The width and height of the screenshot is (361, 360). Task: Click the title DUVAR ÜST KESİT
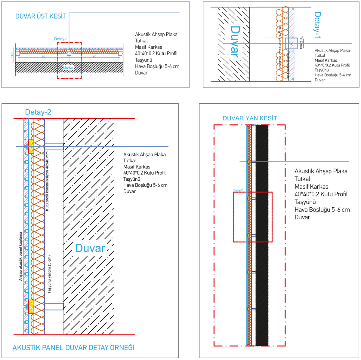(40, 16)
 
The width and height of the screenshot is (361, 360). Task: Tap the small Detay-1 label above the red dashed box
(61, 39)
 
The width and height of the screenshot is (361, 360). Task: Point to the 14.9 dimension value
(12, 55)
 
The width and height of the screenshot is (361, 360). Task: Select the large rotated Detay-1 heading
(317, 25)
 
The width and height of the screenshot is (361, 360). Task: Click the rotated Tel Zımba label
(301, 43)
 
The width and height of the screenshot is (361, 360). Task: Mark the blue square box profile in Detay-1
(291, 44)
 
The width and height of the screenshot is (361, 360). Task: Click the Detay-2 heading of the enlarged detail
(38, 112)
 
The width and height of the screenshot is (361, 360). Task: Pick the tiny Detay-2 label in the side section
(238, 190)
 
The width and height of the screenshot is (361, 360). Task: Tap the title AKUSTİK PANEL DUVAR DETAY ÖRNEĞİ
(73, 348)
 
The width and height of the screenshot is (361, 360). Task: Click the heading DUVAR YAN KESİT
(250, 118)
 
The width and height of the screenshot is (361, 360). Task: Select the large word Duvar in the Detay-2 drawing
(90, 248)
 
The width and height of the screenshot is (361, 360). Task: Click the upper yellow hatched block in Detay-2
(31, 146)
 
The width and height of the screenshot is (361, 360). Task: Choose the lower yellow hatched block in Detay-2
(31, 307)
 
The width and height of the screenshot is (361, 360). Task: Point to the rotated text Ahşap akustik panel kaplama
(20, 256)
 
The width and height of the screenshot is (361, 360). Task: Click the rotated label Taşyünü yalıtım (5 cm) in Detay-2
(50, 274)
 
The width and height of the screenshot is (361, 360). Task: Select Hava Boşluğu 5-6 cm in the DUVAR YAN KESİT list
(322, 210)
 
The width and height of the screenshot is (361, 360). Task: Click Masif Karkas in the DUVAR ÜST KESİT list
(148, 47)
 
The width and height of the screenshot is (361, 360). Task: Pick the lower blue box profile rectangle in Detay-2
(54, 307)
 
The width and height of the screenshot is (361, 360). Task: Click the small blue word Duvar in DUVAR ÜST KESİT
(68, 68)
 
